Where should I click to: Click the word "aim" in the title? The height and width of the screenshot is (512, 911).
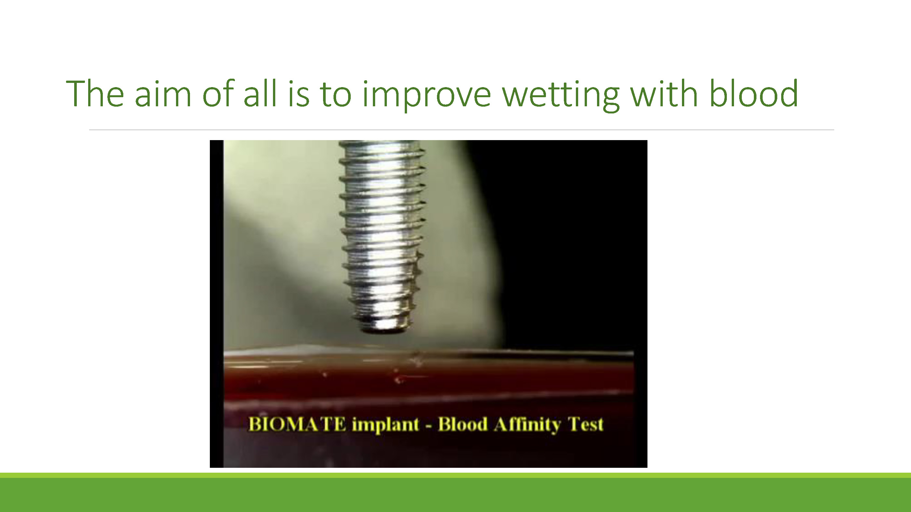pyautogui.click(x=163, y=93)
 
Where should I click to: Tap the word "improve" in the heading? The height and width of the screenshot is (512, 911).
pyautogui.click(x=427, y=95)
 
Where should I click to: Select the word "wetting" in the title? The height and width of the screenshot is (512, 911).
pyautogui.click(x=561, y=95)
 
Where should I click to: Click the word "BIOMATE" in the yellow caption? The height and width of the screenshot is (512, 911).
pyautogui.click(x=297, y=424)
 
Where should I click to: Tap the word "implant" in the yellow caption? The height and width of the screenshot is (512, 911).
pyautogui.click(x=386, y=425)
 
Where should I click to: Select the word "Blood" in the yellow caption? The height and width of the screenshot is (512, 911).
pyautogui.click(x=463, y=424)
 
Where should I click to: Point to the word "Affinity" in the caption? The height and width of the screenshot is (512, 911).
pyautogui.click(x=528, y=425)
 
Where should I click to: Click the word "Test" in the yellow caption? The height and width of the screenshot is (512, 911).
pyautogui.click(x=585, y=424)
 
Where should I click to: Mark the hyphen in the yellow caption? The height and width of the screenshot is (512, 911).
pyautogui.click(x=429, y=426)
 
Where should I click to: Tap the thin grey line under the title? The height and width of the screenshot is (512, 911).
pyautogui.click(x=461, y=130)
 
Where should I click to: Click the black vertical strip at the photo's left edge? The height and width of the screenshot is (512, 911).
pyautogui.click(x=216, y=304)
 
